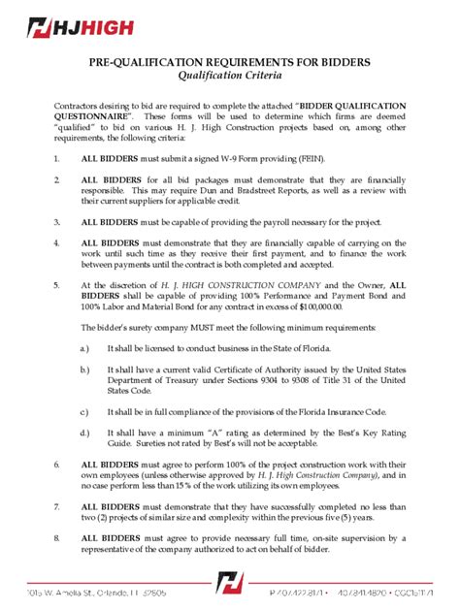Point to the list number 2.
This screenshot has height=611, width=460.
[x=57, y=180]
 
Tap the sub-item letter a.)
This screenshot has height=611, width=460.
[x=85, y=346]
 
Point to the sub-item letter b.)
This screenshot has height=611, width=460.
[x=85, y=370]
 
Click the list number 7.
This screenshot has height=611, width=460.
[x=57, y=506]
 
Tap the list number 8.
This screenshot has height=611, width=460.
[x=57, y=536]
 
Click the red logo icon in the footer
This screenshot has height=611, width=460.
[x=229, y=584]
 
